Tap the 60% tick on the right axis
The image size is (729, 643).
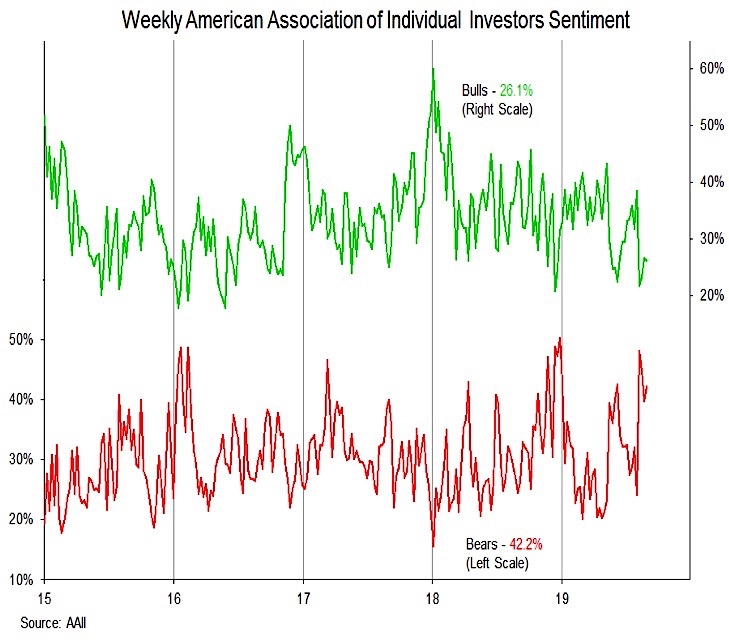coord(711,68)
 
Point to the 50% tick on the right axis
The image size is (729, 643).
coord(711,125)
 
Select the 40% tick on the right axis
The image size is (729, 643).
coord(711,182)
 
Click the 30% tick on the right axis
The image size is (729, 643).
coord(711,238)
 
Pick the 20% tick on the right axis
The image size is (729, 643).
coord(711,295)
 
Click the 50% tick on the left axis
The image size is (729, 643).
coord(22,339)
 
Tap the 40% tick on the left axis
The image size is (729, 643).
coord(22,399)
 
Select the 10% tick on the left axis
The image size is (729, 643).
coord(22,580)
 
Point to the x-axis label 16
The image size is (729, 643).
coord(174,598)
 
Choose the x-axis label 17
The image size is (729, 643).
coord(303,598)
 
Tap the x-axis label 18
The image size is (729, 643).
coord(432,598)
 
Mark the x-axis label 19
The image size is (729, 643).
coord(561,598)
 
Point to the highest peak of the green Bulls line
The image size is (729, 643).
coord(433,69)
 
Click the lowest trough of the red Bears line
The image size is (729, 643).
coord(433,546)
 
